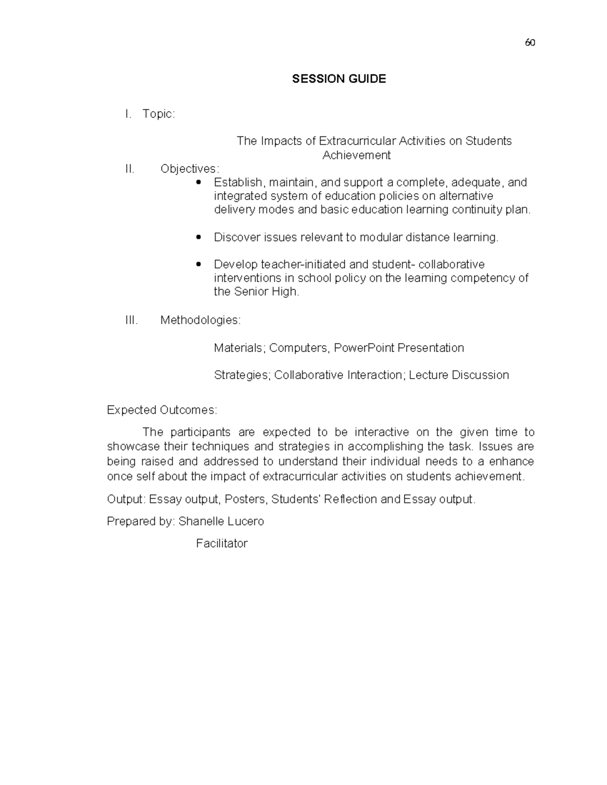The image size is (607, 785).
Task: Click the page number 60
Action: coord(530,43)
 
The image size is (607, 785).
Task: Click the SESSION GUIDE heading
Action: coord(339,79)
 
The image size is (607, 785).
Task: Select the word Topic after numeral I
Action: coord(158,114)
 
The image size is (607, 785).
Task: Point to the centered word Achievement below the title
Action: coord(357,155)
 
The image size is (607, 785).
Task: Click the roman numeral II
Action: coord(129,169)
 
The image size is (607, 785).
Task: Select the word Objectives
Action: coord(190,169)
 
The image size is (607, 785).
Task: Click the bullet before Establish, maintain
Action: coord(198,182)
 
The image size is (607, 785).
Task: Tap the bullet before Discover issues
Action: coord(198,237)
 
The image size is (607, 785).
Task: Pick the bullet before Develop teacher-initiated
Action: coord(198,264)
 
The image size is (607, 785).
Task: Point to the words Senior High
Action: coord(267,292)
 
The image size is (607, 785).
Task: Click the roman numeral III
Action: coord(131,320)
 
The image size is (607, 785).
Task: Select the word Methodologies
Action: coord(200,320)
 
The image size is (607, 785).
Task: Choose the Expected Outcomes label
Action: coord(162,410)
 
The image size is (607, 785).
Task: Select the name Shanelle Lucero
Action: coord(221,522)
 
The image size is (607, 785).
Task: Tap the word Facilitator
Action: coord(222,544)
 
